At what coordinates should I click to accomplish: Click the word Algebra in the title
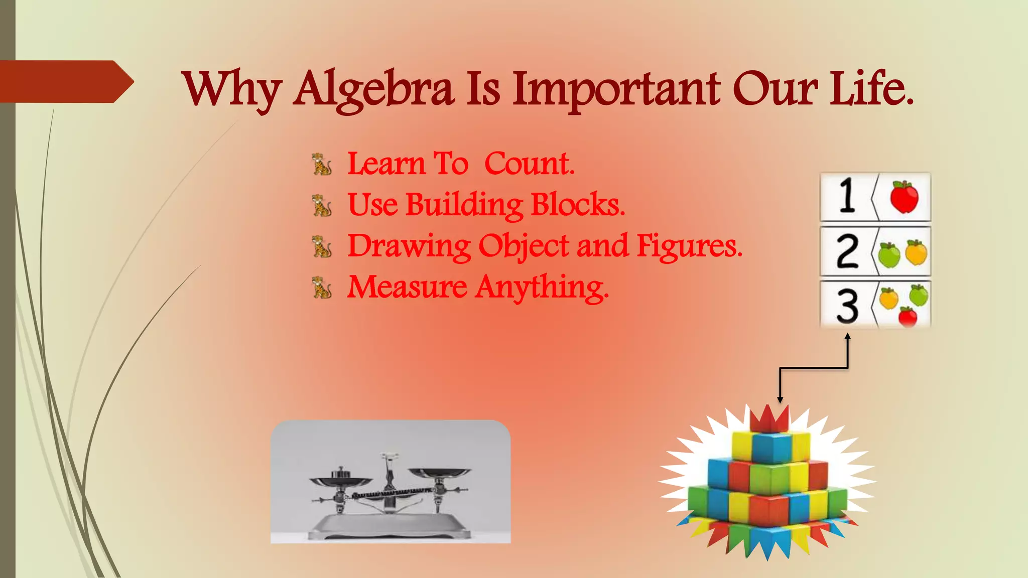374,89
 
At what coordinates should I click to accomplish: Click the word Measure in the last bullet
407,287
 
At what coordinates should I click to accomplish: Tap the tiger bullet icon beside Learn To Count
322,165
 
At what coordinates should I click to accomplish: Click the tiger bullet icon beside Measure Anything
322,287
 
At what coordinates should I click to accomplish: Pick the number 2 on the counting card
847,251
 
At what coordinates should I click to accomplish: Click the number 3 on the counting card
847,305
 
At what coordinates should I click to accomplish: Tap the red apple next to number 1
904,197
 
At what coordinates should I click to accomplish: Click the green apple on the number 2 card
889,254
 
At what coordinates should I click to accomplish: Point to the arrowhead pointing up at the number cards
848,338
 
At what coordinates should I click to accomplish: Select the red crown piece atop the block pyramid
769,419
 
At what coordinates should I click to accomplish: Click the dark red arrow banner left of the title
65,81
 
